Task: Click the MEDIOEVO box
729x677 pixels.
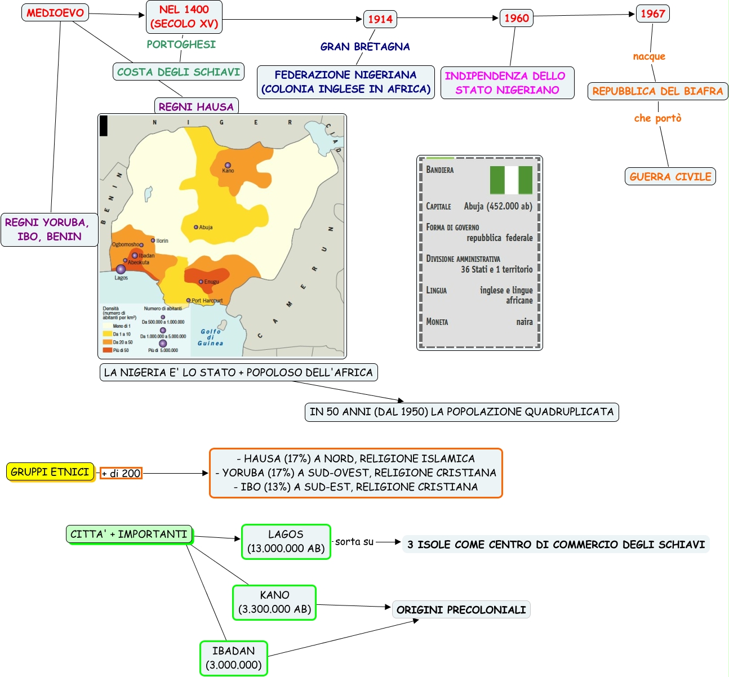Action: [55, 13]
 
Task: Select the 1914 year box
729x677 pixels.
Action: [380, 19]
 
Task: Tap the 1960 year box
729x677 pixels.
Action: [517, 18]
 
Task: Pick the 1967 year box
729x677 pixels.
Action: [653, 14]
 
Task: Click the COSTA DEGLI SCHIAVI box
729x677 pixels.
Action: [179, 72]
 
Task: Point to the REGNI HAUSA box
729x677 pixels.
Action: [196, 106]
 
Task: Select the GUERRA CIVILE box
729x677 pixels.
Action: [670, 176]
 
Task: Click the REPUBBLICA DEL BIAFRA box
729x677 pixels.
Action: [657, 91]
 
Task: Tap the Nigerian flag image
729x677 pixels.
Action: [511, 180]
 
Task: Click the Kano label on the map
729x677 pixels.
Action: [228, 171]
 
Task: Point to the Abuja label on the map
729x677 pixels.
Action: [206, 228]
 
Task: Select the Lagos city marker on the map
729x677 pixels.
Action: [121, 269]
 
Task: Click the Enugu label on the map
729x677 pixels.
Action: [212, 282]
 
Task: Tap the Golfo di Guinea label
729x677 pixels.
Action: [211, 337]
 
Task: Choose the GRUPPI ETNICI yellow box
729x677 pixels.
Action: [50, 472]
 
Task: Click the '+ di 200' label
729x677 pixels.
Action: [121, 474]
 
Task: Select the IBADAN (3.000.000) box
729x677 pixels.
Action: [234, 658]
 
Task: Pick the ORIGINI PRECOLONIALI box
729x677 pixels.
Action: [461, 609]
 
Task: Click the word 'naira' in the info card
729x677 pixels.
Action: [524, 322]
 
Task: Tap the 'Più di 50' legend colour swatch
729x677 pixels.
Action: [107, 350]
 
